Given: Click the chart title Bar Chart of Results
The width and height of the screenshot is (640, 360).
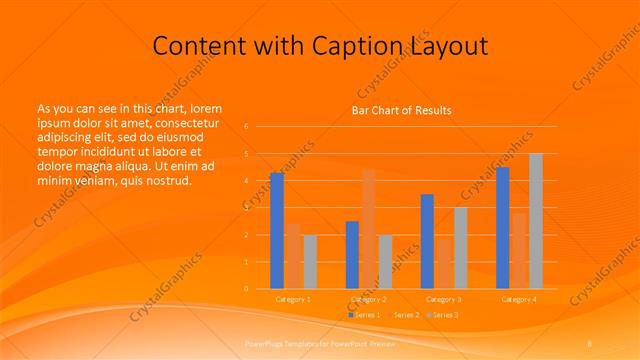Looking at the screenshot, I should click(400, 110).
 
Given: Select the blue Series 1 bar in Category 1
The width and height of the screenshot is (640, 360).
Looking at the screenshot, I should click(277, 231).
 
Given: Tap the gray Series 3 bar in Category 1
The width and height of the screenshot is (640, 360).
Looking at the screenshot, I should click(310, 262).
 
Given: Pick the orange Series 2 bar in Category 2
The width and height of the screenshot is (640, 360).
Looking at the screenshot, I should click(369, 229).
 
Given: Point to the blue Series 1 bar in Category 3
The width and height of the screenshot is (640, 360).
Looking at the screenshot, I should click(427, 241).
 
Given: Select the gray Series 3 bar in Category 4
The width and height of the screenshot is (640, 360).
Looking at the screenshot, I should click(536, 221).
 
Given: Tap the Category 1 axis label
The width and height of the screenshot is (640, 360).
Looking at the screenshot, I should click(293, 299).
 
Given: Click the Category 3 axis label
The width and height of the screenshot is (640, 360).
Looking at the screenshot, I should click(443, 299).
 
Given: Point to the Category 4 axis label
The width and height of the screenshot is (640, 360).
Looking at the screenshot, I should click(519, 299).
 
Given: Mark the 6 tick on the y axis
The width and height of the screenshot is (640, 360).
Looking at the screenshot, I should click(246, 127).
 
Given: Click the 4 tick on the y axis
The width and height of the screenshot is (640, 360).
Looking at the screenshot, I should click(246, 181).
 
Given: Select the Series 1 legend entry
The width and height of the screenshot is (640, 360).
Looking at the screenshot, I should click(366, 315).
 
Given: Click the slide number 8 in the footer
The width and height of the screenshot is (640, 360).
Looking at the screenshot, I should click(590, 343).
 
